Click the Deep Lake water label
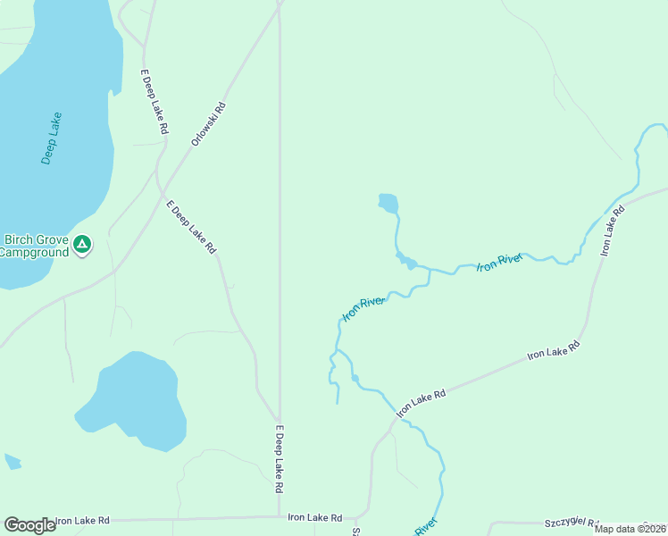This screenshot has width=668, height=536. (x=52, y=138)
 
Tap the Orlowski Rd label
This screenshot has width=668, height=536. (x=209, y=124)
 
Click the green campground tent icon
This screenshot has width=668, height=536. (x=82, y=244)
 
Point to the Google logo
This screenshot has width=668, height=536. (x=29, y=525)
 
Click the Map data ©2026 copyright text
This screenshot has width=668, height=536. (x=630, y=529)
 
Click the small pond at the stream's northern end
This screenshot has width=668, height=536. (x=388, y=203)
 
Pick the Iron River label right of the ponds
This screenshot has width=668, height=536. (x=498, y=263)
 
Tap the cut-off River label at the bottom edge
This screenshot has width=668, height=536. (x=426, y=526)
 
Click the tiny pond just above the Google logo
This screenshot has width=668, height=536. (x=12, y=462)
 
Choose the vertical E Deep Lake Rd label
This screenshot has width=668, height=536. (x=280, y=458)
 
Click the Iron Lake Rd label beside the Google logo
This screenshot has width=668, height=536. (x=82, y=520)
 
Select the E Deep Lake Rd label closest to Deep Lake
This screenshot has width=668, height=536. (x=154, y=102)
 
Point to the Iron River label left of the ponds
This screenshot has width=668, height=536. (x=364, y=308)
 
